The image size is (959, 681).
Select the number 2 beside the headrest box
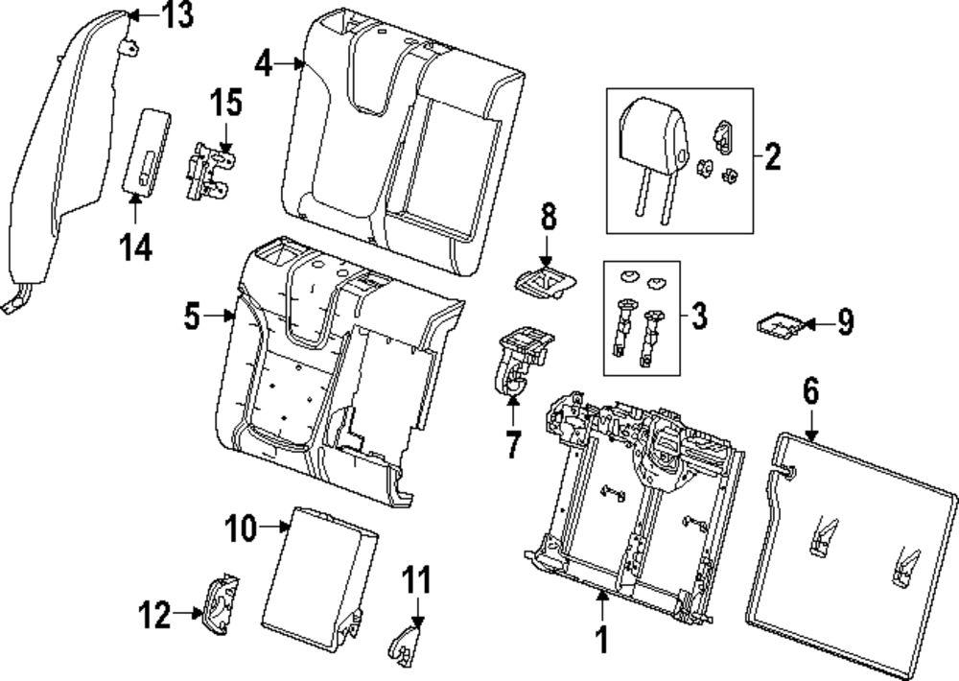(x=771, y=155)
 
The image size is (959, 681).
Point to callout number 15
(x=226, y=102)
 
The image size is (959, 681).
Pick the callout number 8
(x=548, y=217)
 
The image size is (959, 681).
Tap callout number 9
(x=843, y=323)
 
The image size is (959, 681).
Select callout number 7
(x=512, y=444)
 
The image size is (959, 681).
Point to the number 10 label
(x=242, y=527)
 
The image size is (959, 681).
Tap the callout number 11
(x=416, y=580)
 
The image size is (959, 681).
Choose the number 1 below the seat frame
(x=602, y=639)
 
